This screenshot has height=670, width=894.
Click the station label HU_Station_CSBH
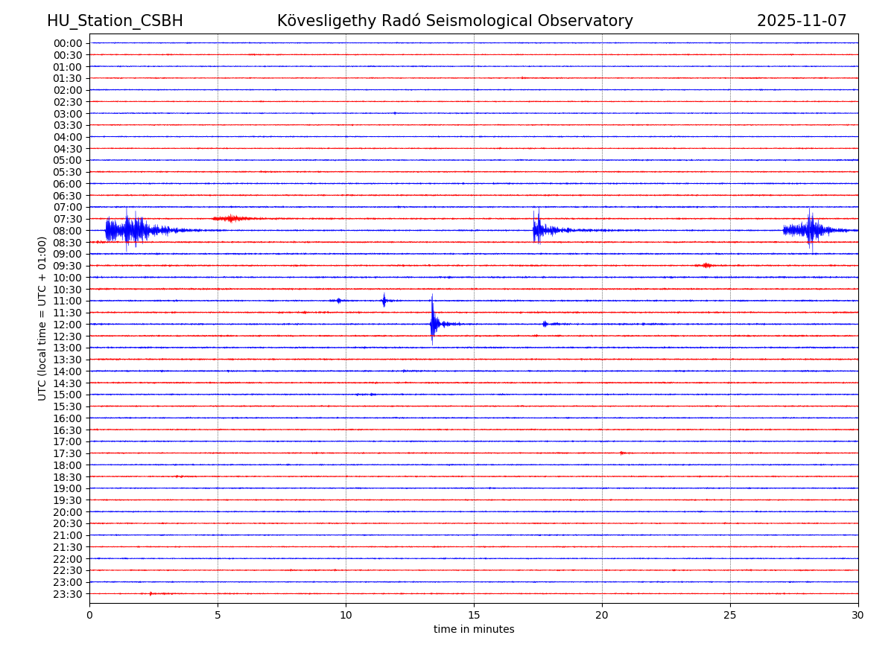[x=115, y=21]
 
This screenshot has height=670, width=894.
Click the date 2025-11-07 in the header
[x=802, y=21]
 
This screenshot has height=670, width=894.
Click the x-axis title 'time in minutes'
[x=474, y=630]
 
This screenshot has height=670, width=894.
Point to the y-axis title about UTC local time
[x=42, y=318]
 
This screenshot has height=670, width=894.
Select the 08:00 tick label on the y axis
[x=68, y=231]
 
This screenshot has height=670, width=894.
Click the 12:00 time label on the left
[x=68, y=325]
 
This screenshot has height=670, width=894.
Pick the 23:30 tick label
[x=68, y=594]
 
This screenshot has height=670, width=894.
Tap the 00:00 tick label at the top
[x=68, y=43]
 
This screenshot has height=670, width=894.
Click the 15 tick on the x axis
[x=474, y=615]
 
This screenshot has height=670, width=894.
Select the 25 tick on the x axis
[x=730, y=615]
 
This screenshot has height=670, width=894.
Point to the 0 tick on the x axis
[x=89, y=615]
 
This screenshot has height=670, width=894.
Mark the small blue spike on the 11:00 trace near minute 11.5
[x=384, y=300]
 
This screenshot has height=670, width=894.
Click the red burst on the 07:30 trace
[x=232, y=218]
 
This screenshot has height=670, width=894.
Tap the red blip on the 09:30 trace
[x=706, y=265]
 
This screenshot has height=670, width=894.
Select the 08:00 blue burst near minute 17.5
[x=537, y=229]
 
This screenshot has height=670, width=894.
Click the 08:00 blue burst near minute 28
[x=810, y=230]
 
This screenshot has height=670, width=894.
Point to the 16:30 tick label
[x=68, y=430]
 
